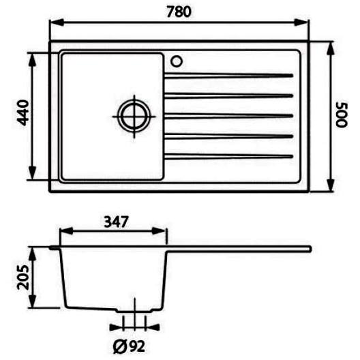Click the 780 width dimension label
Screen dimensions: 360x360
[x=179, y=12]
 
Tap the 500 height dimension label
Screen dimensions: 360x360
[x=342, y=115]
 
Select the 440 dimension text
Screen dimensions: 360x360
[x=23, y=112]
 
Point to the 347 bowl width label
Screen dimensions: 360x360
[x=116, y=222]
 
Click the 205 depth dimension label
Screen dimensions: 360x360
[x=23, y=277]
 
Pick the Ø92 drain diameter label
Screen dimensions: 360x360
[x=129, y=346]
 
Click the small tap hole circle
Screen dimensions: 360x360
[x=177, y=61]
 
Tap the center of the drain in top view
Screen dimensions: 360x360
[x=134, y=117]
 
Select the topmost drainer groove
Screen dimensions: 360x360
[x=228, y=76]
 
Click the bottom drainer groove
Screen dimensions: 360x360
[x=228, y=157]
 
